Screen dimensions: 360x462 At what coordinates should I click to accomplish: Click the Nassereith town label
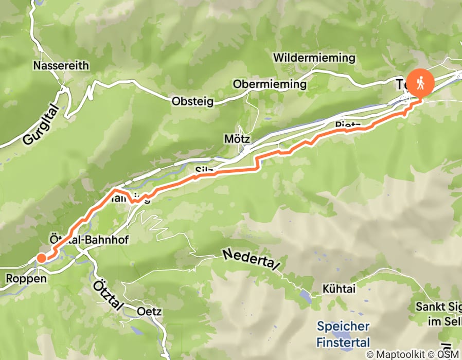tap(61, 65)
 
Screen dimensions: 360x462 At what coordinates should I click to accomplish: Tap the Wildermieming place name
tap(314, 57)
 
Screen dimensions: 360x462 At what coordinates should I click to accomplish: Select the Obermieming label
tap(270, 84)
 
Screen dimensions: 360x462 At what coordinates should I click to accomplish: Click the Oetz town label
tap(150, 311)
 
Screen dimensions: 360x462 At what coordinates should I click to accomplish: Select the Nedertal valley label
tap(251, 260)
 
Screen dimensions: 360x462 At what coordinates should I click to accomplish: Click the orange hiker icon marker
tap(420, 82)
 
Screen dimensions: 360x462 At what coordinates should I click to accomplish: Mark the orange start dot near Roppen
tap(41, 258)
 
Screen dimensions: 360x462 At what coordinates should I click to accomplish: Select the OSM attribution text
tap(449, 354)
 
